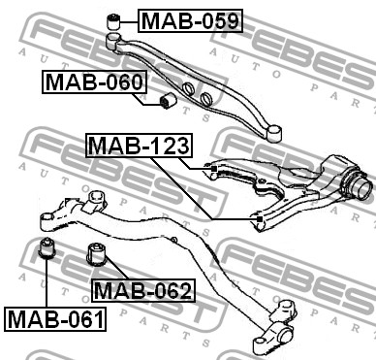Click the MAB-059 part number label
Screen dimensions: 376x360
pyautogui.click(x=190, y=21)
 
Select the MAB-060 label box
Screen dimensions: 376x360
pyautogui.click(x=94, y=82)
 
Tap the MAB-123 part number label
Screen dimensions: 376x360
pyautogui.click(x=139, y=146)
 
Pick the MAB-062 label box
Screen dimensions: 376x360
pyautogui.click(x=143, y=290)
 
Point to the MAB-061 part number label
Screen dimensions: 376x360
pyautogui.click(x=55, y=319)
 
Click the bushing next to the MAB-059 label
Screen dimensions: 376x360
pyautogui.click(x=113, y=21)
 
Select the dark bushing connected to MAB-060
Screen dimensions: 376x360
pyautogui.click(x=168, y=101)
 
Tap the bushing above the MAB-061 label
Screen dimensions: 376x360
pyautogui.click(x=47, y=248)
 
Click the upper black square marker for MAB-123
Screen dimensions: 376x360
pyautogui.click(x=213, y=169)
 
